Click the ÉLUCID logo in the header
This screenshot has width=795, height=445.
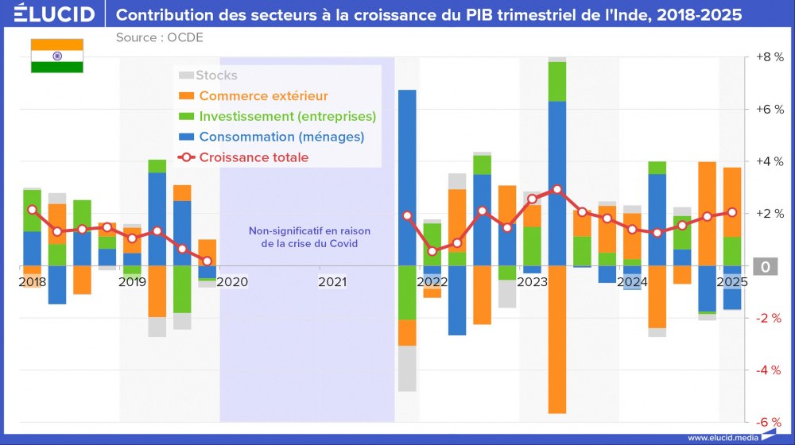point(55,14)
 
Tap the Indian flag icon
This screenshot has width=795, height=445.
point(56,56)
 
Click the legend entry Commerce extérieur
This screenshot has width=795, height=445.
point(263,96)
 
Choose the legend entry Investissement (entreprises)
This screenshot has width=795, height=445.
point(287,116)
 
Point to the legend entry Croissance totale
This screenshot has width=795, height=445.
point(254,157)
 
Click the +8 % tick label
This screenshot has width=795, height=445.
point(769,57)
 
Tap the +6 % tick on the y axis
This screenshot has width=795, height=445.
point(769,110)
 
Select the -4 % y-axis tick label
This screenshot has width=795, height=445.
point(769,370)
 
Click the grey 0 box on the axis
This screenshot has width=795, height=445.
point(766,266)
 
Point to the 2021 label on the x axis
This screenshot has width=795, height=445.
point(332,281)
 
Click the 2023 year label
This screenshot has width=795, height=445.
point(532,281)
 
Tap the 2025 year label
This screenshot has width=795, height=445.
point(731,281)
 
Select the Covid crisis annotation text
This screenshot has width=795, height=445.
point(309,238)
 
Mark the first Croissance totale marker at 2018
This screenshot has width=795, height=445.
point(32,210)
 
